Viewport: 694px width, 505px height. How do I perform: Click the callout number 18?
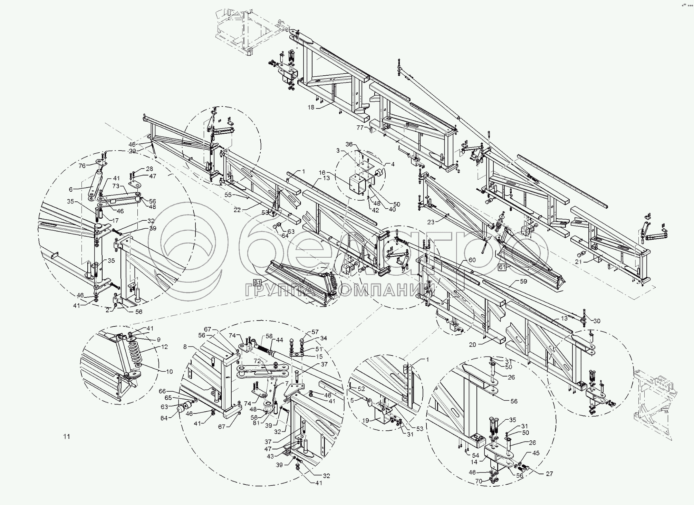pyautogui.click(x=311, y=107)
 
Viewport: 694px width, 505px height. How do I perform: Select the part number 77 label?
pyautogui.click(x=360, y=127)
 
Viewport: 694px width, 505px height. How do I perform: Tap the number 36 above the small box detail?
pyautogui.click(x=349, y=144)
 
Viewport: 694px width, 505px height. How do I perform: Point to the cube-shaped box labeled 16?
pyautogui.click(x=357, y=185)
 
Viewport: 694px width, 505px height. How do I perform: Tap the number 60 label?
pyautogui.click(x=472, y=260)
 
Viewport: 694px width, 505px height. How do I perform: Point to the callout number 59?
pyautogui.click(x=523, y=281)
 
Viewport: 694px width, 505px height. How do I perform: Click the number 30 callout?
pyautogui.click(x=597, y=321)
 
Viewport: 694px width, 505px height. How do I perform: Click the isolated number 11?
pyautogui.click(x=67, y=437)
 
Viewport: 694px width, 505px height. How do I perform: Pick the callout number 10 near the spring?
pyautogui.click(x=169, y=372)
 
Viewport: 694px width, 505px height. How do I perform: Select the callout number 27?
pyautogui.click(x=549, y=474)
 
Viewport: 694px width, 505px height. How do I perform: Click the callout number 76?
pyautogui.click(x=82, y=166)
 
